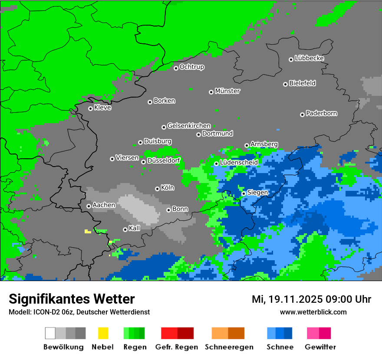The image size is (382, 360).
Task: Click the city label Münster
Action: (227, 91)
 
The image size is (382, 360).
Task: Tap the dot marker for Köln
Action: (157, 189)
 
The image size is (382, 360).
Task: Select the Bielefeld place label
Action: (302, 83)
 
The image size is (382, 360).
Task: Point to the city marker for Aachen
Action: (89, 206)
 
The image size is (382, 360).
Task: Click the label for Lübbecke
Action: (309, 58)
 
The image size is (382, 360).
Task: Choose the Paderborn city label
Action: (321, 113)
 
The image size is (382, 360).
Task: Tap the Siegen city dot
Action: (244, 193)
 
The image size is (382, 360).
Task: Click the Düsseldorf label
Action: (164, 160)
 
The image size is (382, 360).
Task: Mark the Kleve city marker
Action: (90, 108)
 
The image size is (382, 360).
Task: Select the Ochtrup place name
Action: (191, 67)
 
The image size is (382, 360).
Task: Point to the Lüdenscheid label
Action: (239, 163)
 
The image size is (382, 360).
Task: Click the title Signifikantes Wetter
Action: (72, 299)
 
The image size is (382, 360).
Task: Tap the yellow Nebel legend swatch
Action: (103, 333)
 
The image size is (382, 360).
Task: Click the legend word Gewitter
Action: (320, 347)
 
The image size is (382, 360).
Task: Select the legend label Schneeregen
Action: (229, 347)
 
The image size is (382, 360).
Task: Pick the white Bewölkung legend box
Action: (50, 333)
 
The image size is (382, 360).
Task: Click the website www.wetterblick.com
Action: (313, 312)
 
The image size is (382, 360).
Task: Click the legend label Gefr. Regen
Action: (176, 347)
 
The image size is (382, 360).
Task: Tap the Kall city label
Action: (134, 228)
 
